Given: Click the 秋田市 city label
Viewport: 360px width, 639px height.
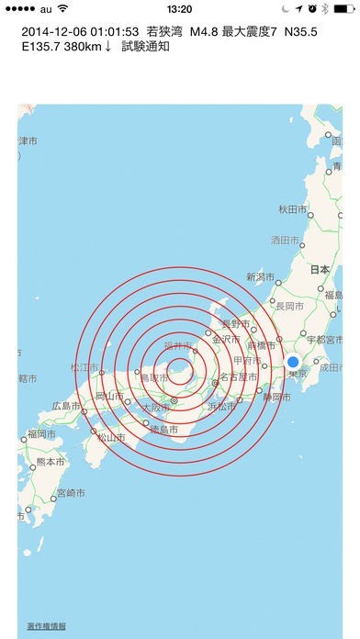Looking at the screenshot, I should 292,210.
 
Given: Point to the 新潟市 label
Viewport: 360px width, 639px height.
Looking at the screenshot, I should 261,276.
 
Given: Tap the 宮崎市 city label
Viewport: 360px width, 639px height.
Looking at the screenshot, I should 71,493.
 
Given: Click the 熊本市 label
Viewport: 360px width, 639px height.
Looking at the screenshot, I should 50,462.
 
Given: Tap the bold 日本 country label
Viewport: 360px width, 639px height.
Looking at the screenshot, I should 320,270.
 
